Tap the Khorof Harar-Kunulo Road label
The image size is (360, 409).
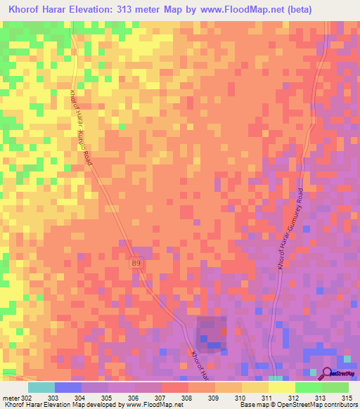coord(88,128)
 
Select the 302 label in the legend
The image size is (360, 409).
coord(27,398)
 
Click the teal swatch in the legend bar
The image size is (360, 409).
coord(41,387)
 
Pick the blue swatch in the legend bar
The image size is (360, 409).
coord(67,387)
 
